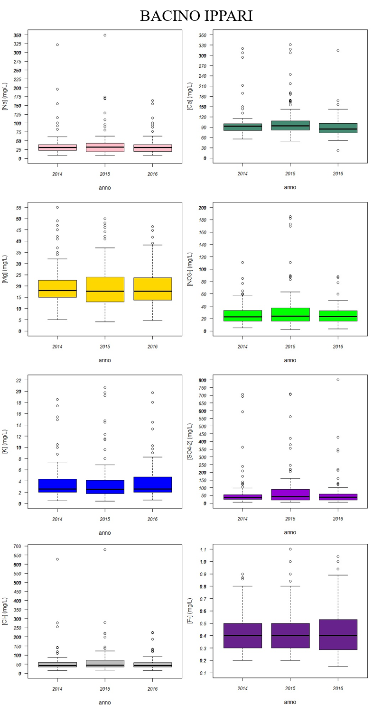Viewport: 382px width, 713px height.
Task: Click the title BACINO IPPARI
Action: [x=196, y=16]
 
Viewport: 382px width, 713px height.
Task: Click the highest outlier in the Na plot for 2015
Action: [x=105, y=35]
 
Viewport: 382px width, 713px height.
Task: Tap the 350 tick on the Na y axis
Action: [x=18, y=35]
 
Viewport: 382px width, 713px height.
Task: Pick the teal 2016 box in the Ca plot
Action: [x=338, y=128]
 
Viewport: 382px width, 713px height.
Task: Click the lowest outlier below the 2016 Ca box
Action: [x=338, y=150]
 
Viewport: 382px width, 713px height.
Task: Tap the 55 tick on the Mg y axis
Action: [x=19, y=208]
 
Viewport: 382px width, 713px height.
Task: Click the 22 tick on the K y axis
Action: [x=19, y=380]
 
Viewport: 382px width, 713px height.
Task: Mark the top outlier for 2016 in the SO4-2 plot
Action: [x=338, y=380]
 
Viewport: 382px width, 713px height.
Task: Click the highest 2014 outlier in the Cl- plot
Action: [x=57, y=559]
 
